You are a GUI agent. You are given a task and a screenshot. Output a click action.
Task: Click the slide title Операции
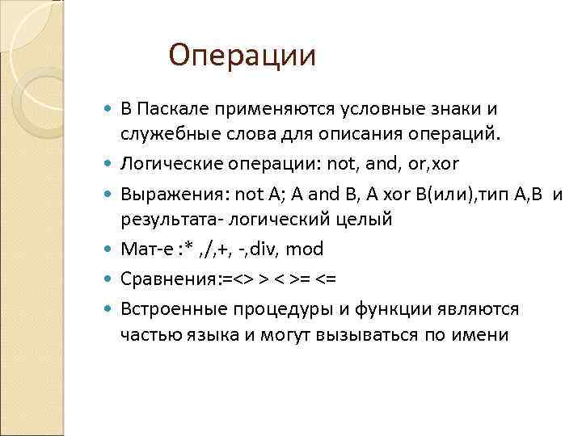pos(242,57)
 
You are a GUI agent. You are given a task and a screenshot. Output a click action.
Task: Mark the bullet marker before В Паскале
pos(110,109)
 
